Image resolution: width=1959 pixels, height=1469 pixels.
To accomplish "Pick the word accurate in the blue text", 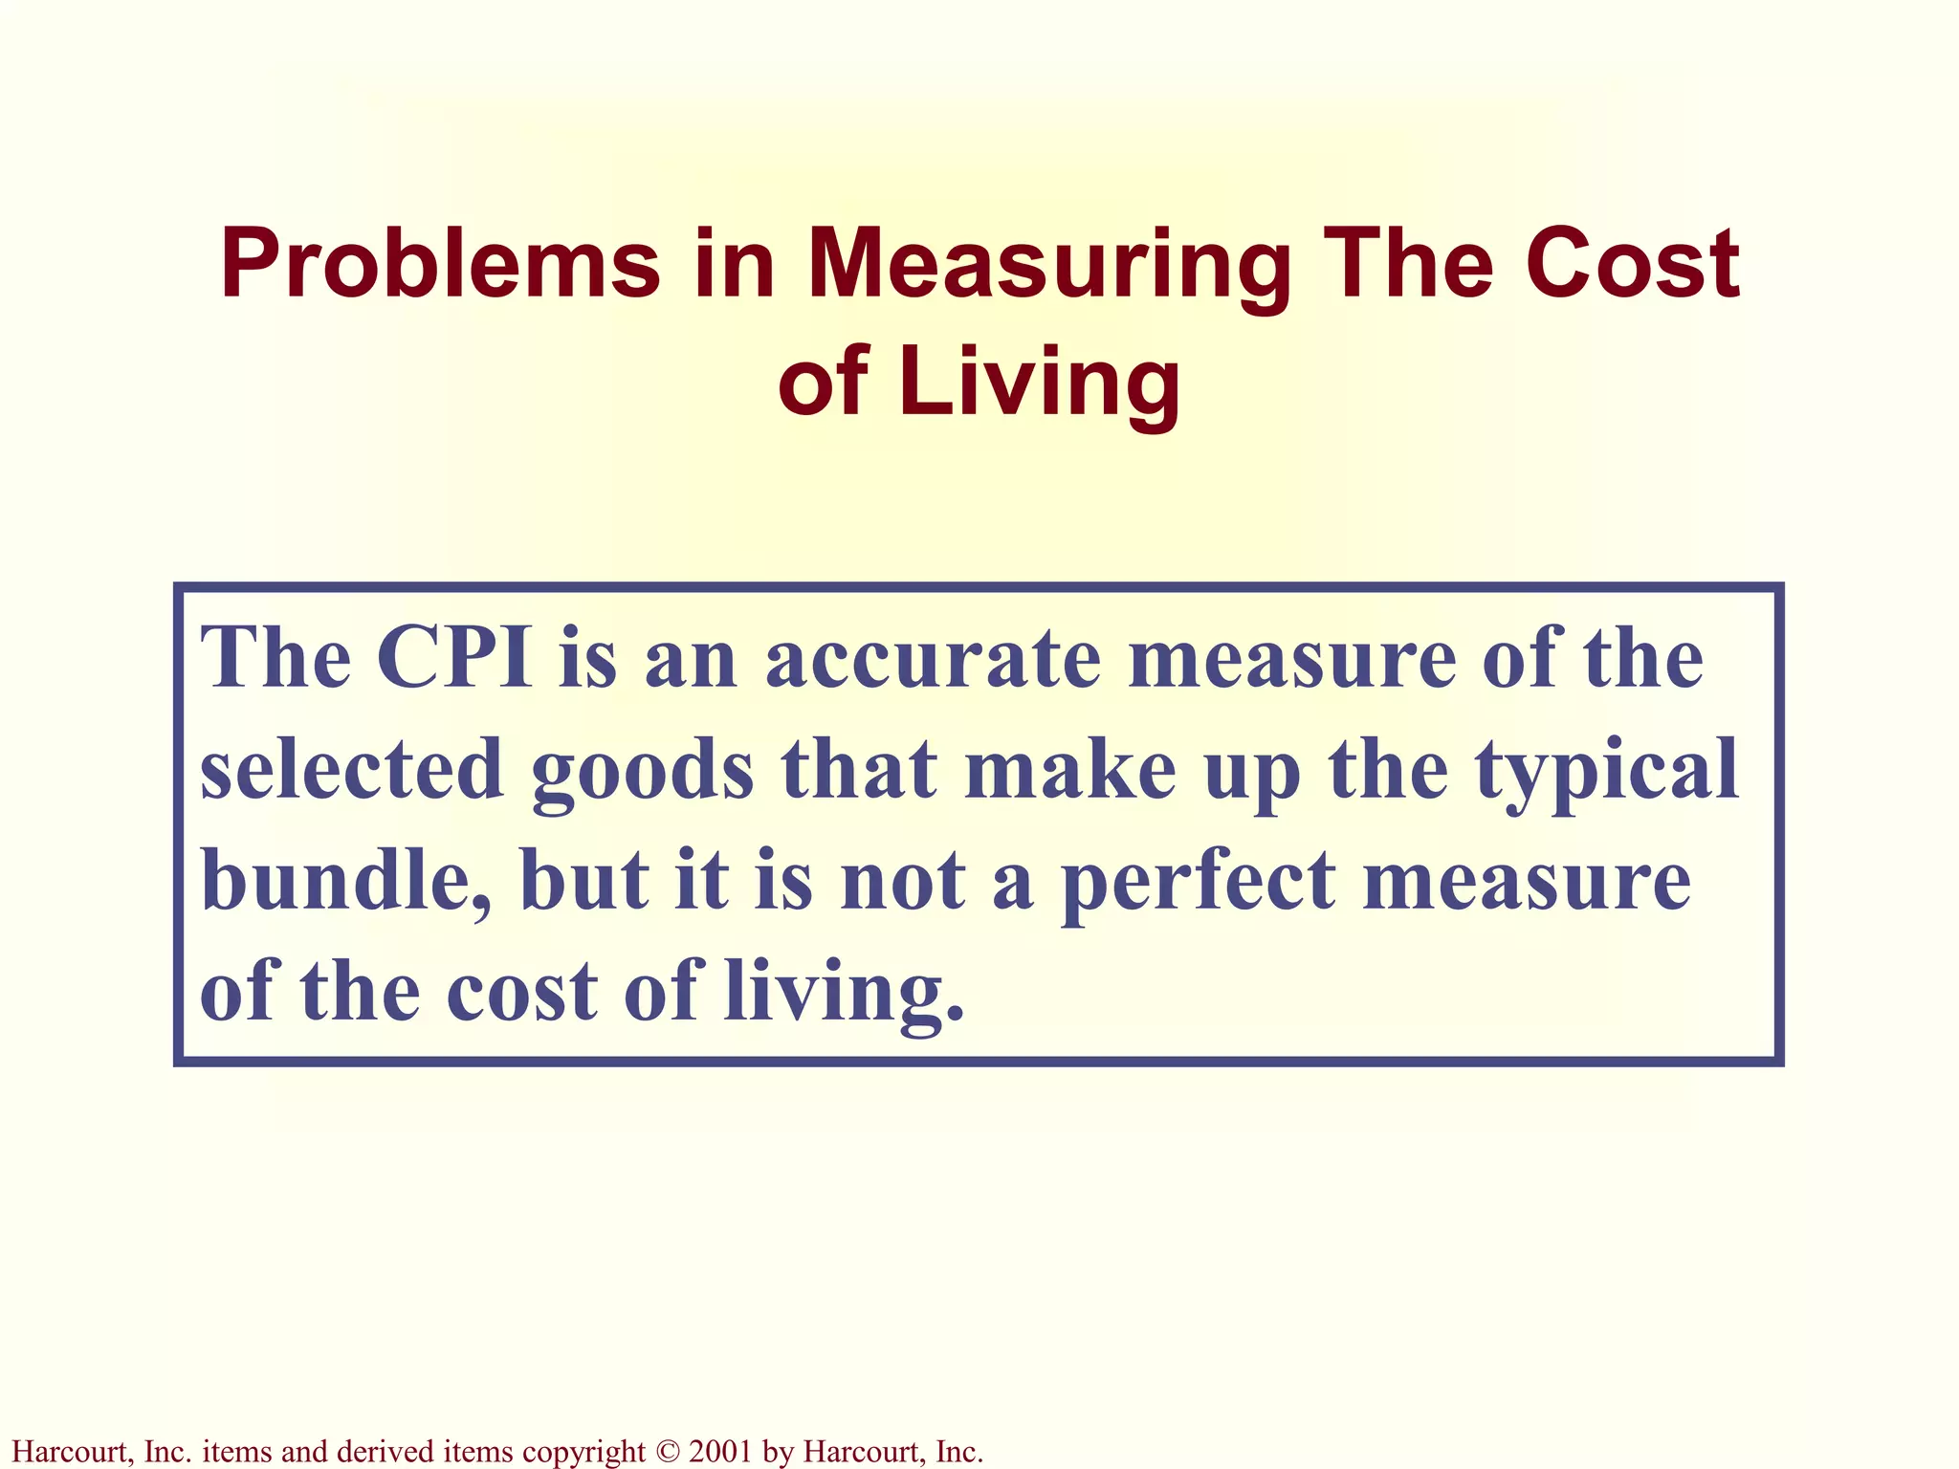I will [934, 660].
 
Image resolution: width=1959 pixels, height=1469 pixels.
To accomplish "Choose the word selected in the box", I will [351, 770].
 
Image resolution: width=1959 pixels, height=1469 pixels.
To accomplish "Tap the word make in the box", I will [1070, 770].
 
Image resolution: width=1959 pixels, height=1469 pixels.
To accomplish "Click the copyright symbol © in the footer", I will [667, 1452].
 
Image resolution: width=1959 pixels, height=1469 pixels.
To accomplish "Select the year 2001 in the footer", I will [720, 1452].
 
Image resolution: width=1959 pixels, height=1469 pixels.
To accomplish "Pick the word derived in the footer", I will [384, 1452].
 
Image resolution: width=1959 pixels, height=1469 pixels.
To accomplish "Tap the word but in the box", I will [583, 880].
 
